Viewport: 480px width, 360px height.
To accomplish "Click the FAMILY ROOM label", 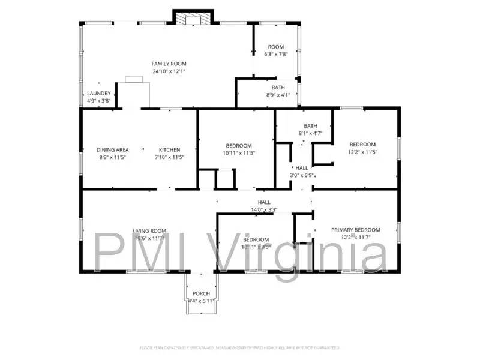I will click(x=169, y=64).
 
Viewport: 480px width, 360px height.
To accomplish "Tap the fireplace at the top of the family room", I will click(x=194, y=18).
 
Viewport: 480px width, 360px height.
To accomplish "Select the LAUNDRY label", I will click(x=99, y=94).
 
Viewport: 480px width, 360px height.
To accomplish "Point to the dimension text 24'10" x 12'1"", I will click(x=169, y=71).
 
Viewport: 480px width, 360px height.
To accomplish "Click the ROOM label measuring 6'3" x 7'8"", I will click(x=275, y=47).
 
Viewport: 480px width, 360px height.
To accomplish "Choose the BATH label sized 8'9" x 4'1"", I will click(x=278, y=88).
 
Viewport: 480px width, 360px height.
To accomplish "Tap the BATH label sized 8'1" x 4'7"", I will click(x=310, y=125).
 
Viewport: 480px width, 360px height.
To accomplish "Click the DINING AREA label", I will click(x=113, y=150).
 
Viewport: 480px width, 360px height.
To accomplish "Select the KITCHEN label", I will click(x=169, y=150).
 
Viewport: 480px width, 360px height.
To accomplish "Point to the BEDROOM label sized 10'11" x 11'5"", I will click(x=239, y=146).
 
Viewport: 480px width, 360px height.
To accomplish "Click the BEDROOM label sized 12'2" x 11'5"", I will click(x=362, y=145).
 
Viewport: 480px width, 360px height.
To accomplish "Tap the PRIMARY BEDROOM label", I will click(x=356, y=230).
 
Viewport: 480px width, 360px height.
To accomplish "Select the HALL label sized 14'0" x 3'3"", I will click(x=264, y=202).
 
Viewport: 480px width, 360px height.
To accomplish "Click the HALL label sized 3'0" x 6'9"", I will click(x=302, y=169).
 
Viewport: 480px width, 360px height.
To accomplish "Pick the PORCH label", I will click(x=201, y=293).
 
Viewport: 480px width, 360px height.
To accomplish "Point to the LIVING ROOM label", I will click(x=149, y=231).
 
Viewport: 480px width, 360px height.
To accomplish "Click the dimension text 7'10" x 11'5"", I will click(x=169, y=157).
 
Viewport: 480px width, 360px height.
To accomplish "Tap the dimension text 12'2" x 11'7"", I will click(x=356, y=238).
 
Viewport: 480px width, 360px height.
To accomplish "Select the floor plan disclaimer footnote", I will click(x=240, y=347).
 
